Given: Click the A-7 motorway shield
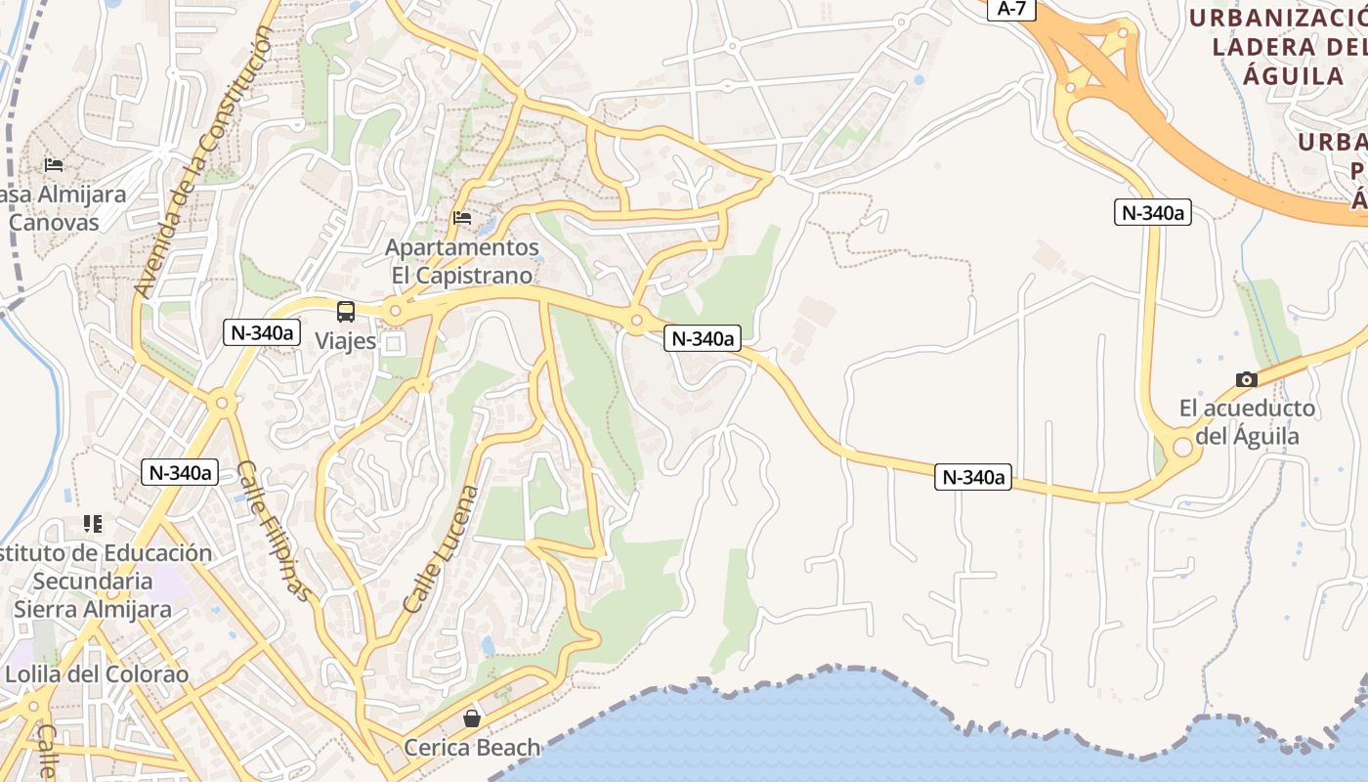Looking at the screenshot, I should click(1010, 9).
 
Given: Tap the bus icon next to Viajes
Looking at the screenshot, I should click(346, 312).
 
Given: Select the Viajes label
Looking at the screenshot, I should click(346, 341).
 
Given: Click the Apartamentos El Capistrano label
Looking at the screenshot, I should click(462, 261).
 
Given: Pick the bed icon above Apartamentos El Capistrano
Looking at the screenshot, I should click(462, 217).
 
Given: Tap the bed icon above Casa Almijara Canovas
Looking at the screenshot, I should click(54, 164).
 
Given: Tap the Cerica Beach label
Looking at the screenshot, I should click(472, 748).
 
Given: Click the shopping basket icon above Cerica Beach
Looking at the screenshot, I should click(472, 719).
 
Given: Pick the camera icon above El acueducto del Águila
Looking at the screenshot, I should click(1246, 379).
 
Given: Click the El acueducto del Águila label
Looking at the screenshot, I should click(1247, 421).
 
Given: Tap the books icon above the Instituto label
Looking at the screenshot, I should click(93, 524).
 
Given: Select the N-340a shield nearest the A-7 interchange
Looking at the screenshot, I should click(1153, 212).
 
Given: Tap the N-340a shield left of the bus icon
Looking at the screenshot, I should click(261, 332).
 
